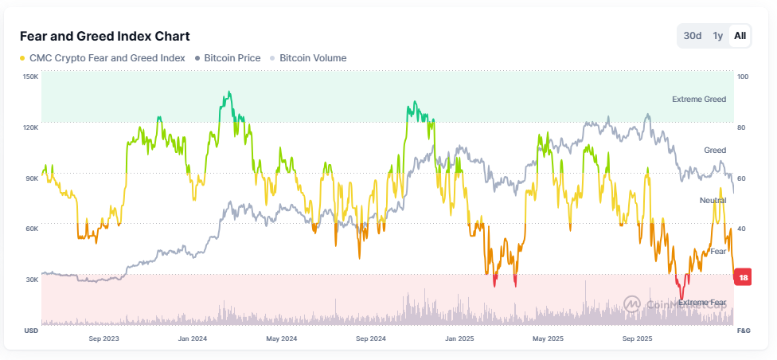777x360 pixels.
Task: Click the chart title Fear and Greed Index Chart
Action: coord(104,37)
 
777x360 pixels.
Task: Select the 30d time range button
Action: coord(693,36)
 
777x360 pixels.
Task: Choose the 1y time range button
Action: coord(717,36)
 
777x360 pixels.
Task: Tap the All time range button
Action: coord(740,36)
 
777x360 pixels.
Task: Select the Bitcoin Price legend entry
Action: coord(233,58)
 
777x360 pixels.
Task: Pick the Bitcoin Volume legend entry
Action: coord(312,58)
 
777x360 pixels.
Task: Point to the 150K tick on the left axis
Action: coord(30,76)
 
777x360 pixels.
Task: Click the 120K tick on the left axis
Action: coord(30,127)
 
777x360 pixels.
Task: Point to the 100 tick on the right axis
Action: coord(743,76)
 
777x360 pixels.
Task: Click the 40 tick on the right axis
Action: coord(742,229)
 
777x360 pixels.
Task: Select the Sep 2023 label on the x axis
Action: coord(104,338)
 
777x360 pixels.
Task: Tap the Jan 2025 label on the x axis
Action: coord(459,338)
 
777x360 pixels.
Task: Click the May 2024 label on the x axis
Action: coord(281,338)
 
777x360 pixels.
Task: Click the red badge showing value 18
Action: coord(743,277)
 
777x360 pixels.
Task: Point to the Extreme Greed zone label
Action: coord(698,100)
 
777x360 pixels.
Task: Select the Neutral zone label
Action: coord(713,200)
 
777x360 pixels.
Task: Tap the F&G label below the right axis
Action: coord(744,330)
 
